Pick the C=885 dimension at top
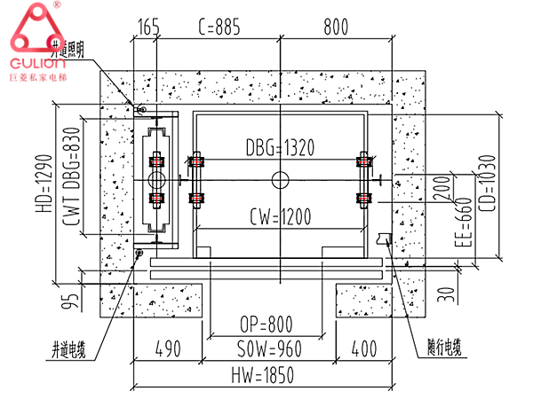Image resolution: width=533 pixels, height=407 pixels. (217, 28)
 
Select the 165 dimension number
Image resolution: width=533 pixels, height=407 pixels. (148, 28)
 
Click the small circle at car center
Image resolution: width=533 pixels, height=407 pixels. (280, 180)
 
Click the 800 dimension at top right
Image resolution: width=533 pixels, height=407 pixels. (335, 28)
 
